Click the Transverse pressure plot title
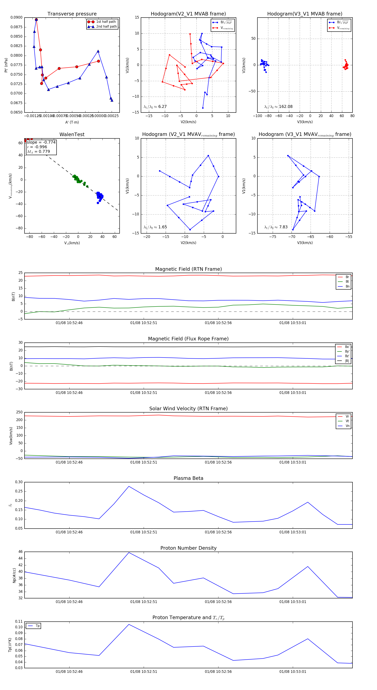[72, 14]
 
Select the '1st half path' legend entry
[106, 22]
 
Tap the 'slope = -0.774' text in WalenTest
[41, 142]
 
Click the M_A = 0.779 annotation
[38, 152]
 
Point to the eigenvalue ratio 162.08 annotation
[278, 107]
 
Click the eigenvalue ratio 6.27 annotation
[155, 107]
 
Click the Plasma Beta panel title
[188, 478]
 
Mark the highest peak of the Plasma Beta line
[129, 486]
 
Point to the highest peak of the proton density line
[129, 553]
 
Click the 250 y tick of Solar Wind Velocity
[19, 412]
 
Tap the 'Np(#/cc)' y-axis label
[14, 575]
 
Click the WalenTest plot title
[72, 134]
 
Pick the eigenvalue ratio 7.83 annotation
[276, 227]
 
